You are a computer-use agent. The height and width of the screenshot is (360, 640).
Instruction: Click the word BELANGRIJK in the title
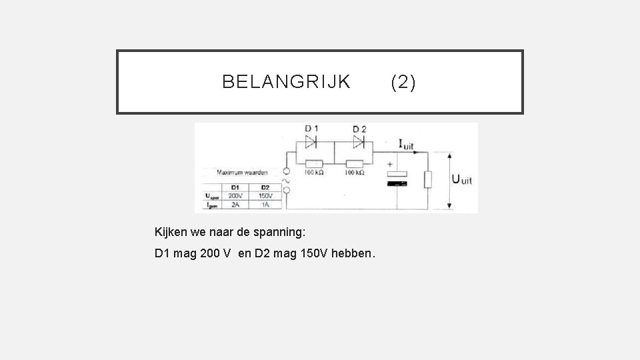[286, 82]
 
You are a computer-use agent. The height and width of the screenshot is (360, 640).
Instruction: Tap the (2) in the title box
[403, 82]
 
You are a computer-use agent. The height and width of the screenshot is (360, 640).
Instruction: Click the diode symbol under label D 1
[311, 141]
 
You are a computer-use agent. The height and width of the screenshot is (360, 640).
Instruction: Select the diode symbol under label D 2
[359, 141]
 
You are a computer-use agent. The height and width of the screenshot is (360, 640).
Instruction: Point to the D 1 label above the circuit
[311, 129]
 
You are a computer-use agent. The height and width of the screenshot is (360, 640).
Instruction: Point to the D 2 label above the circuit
[359, 129]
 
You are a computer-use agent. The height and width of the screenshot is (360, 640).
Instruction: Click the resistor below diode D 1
[313, 163]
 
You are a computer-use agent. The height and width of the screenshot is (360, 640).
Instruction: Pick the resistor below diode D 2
[353, 163]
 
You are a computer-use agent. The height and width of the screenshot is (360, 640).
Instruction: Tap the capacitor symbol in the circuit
[397, 177]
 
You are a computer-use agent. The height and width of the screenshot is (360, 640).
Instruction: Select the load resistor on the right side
[428, 179]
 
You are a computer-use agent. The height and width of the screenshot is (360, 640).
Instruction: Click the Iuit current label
[405, 143]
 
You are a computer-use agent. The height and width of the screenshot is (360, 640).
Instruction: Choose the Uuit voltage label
[462, 179]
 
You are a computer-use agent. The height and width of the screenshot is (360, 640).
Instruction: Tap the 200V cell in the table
[235, 196]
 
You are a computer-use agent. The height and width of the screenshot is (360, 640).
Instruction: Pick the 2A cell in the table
[235, 205]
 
